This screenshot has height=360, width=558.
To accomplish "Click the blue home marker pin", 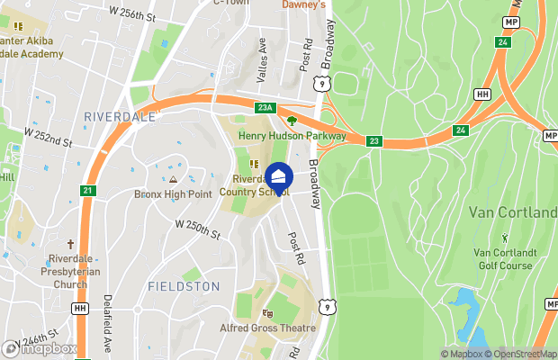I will [x=279, y=177].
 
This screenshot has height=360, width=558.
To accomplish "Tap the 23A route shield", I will [x=264, y=108].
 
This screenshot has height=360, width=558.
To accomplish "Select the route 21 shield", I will [x=87, y=190].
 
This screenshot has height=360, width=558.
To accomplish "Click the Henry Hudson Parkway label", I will [x=292, y=136].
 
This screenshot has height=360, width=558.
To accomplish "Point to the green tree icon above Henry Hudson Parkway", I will [x=291, y=121].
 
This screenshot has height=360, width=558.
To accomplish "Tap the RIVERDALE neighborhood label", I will [x=119, y=117].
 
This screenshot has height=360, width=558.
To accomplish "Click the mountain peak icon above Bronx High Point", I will [x=172, y=179].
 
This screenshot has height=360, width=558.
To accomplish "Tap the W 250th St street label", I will [x=197, y=229].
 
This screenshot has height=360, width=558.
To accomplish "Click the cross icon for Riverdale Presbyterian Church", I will [x=68, y=244].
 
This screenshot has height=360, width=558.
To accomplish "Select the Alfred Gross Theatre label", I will [x=267, y=328].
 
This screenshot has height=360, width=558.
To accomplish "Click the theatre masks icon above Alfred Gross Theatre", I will [x=266, y=314].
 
